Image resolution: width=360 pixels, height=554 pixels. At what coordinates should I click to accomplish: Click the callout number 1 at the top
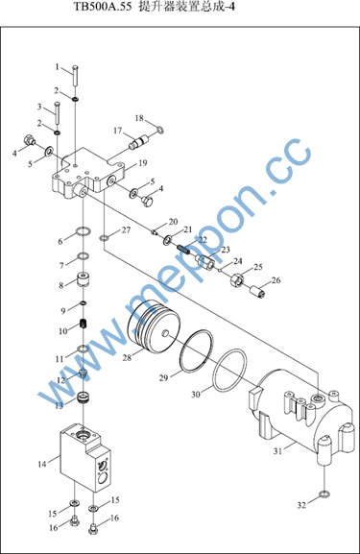coord(58,67)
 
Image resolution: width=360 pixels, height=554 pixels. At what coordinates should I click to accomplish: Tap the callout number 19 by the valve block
coord(142,163)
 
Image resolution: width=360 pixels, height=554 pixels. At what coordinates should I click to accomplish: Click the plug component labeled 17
coord(140,142)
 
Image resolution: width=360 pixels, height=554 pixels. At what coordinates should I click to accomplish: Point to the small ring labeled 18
coord(160,130)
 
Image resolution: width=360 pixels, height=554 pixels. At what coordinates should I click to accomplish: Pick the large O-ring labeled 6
coord(84,231)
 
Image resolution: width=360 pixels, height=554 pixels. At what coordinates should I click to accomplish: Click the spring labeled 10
coord(84,323)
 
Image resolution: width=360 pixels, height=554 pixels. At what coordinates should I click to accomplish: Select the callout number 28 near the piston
coord(127,357)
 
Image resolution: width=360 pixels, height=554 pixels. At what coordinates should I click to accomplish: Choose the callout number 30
coord(196,394)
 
